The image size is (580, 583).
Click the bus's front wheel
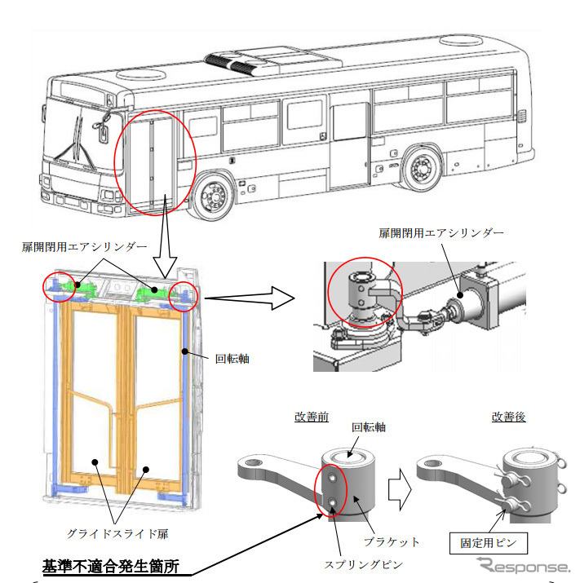(x=214, y=198)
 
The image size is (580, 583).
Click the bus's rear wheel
(x=422, y=169)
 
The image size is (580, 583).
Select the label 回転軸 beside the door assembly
(x=232, y=357)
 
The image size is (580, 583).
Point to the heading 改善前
(x=312, y=416)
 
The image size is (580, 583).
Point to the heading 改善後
(x=508, y=416)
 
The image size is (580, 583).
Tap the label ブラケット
(x=393, y=541)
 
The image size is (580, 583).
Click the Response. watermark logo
(x=523, y=566)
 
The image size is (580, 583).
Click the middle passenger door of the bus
(x=350, y=146)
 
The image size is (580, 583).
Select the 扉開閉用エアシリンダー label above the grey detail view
(x=441, y=232)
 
